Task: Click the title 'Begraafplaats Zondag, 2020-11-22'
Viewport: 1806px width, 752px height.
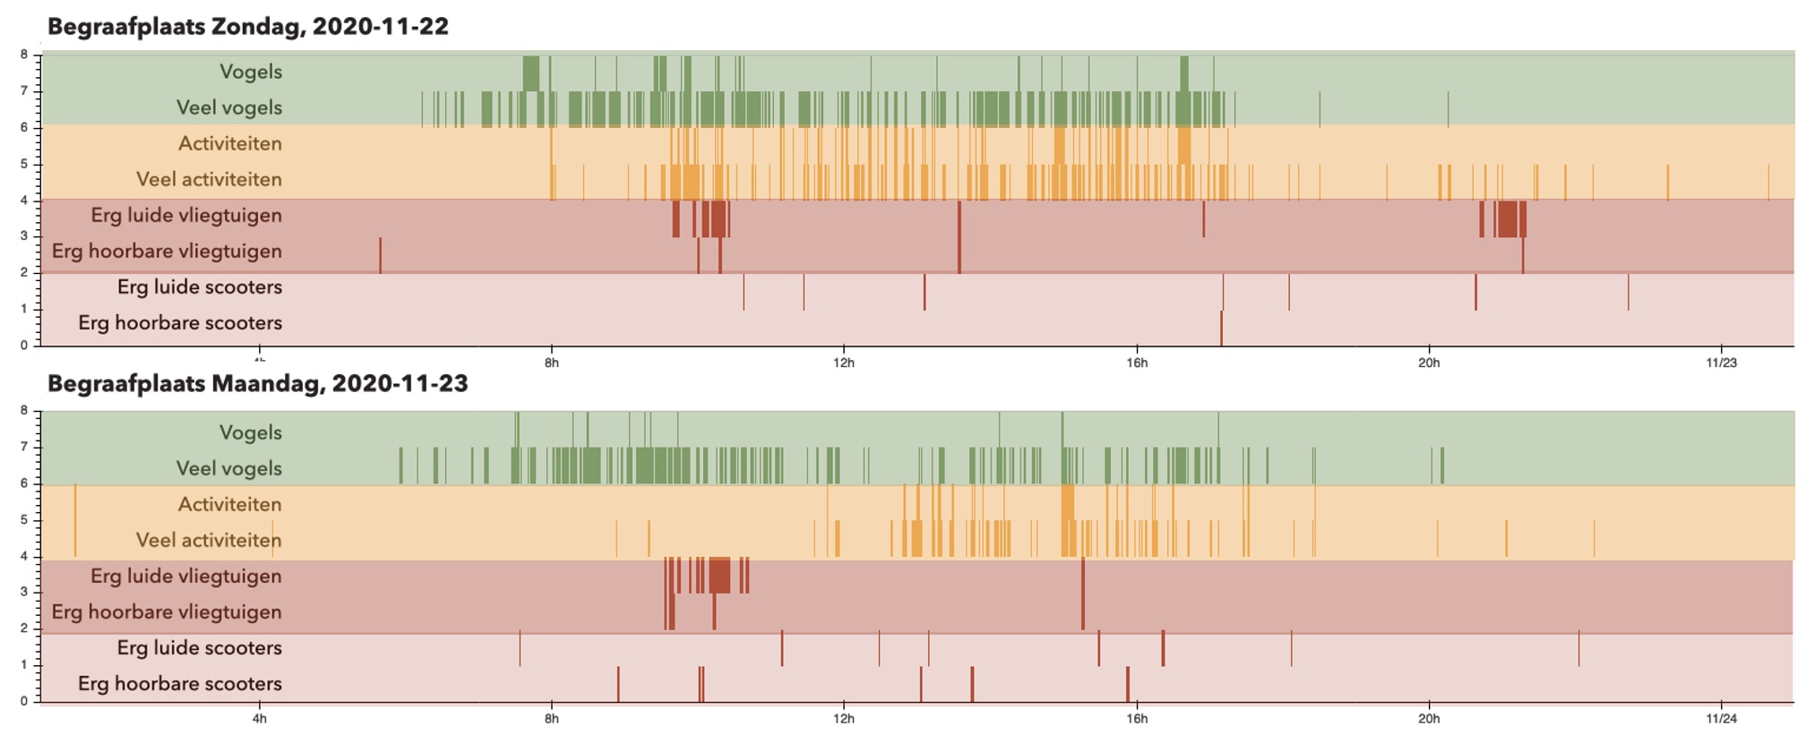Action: click(248, 27)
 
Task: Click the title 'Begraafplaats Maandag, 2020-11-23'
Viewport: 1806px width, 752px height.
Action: click(258, 384)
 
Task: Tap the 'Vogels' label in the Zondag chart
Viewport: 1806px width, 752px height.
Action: click(251, 72)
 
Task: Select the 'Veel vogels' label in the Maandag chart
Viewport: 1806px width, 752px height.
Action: click(229, 468)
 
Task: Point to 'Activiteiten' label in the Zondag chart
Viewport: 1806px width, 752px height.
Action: click(230, 143)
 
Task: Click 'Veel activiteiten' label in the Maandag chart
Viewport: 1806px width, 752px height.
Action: click(209, 540)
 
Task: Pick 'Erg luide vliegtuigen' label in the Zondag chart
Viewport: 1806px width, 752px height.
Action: click(186, 215)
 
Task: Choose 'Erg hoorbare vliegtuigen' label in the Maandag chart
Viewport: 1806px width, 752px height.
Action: click(167, 612)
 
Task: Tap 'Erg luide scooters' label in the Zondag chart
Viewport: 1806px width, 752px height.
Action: click(200, 286)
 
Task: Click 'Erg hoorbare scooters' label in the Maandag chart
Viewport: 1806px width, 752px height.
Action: click(180, 684)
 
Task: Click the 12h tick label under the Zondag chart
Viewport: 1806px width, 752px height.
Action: click(844, 363)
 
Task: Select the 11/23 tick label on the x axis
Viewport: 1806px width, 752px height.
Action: click(1721, 363)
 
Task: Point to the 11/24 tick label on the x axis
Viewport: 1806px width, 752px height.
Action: click(1721, 718)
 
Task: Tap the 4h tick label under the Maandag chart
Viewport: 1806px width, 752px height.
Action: click(260, 718)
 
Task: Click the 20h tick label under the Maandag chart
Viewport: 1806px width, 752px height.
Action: click(1429, 718)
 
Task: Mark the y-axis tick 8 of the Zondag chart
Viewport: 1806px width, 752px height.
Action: click(25, 55)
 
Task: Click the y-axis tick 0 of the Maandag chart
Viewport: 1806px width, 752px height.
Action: click(25, 701)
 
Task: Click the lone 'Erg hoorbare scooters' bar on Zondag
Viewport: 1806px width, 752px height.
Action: click(1221, 328)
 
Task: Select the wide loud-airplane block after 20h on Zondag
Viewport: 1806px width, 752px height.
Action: click(1509, 219)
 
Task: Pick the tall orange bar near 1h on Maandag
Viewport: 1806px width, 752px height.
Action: click(75, 520)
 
